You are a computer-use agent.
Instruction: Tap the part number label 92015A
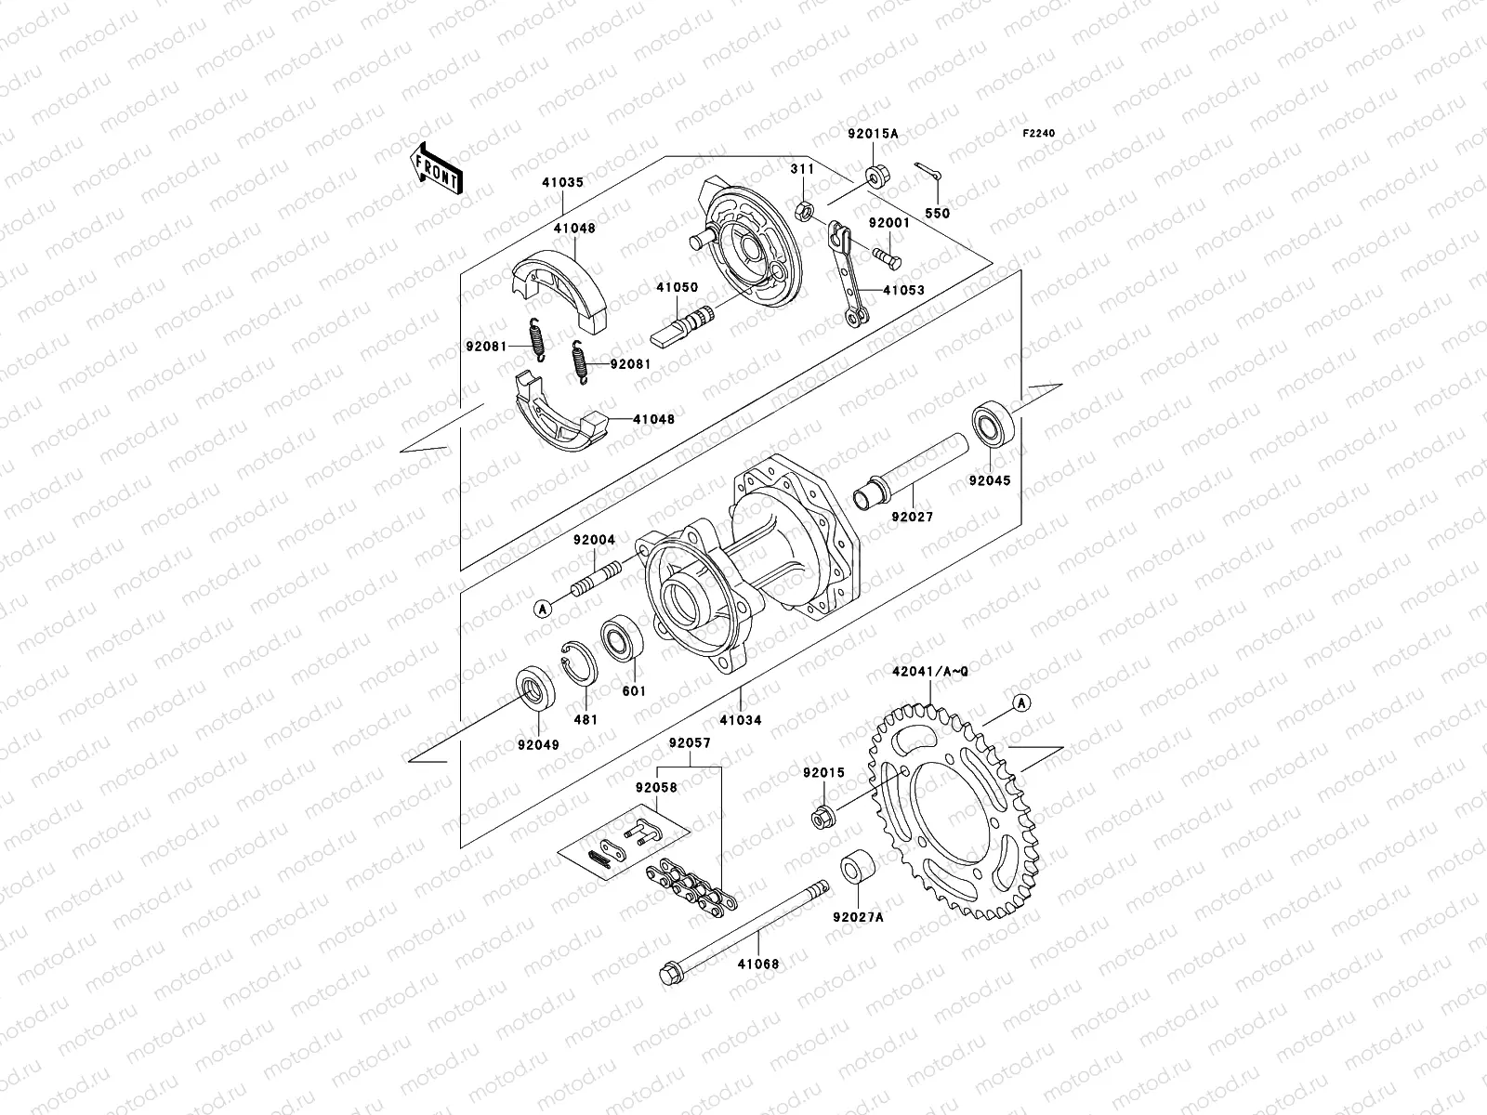872,134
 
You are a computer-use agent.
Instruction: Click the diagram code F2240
1039,134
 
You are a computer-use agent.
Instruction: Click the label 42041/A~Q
929,671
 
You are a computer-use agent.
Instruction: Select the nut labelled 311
806,212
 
